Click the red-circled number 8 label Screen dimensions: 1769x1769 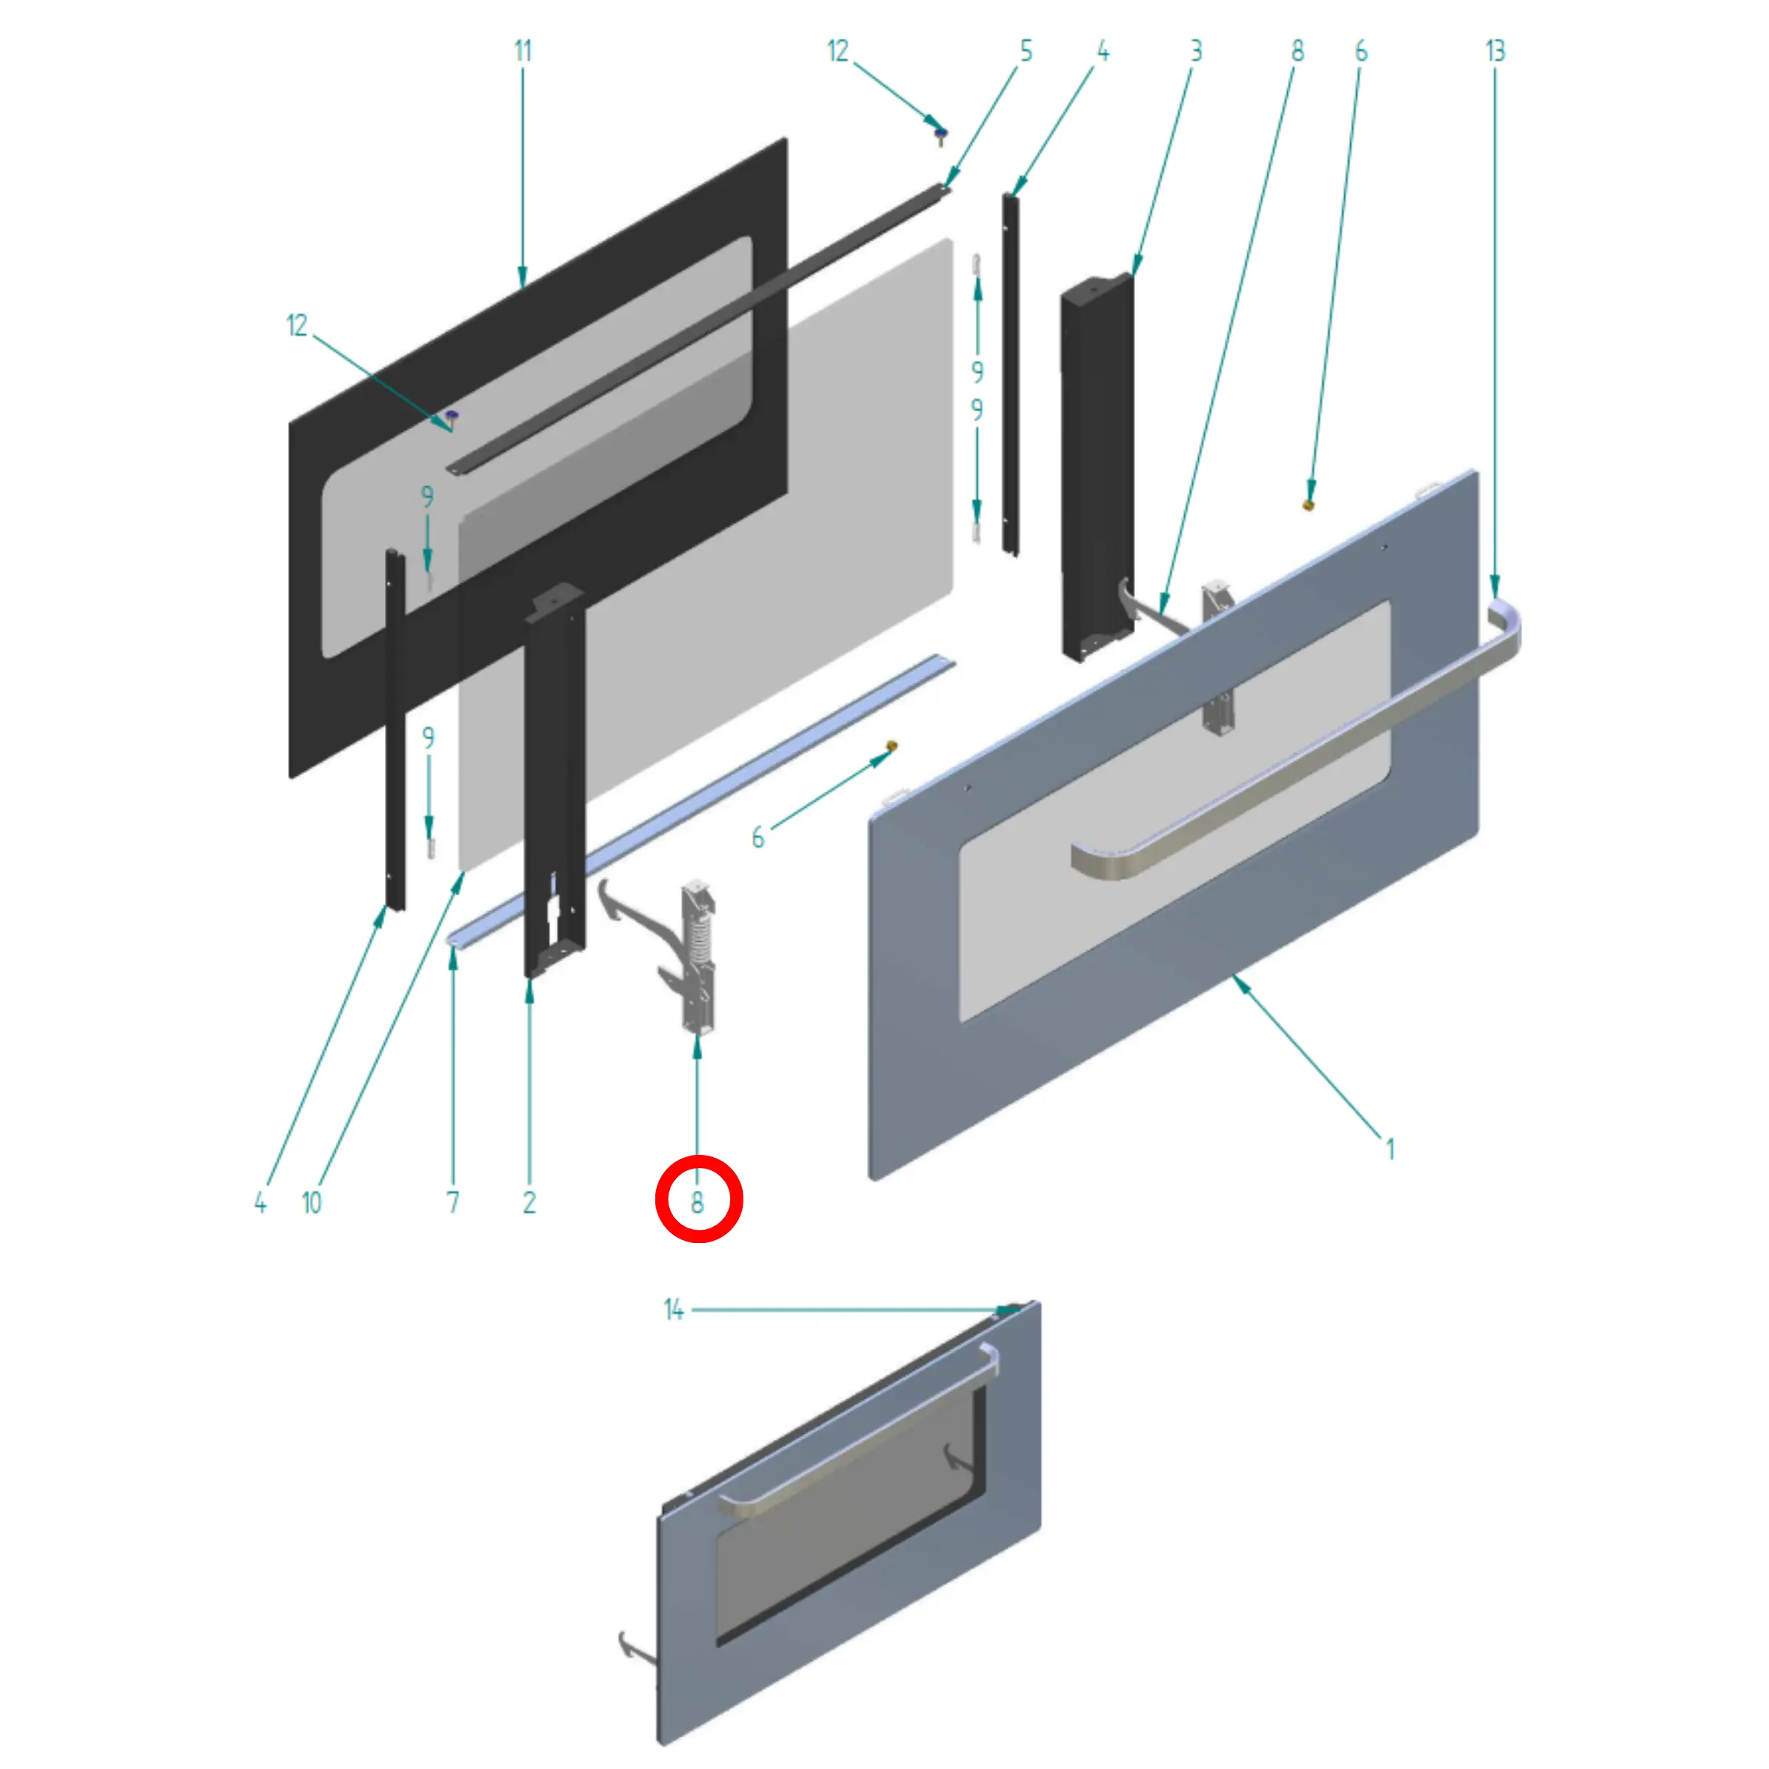[698, 1201]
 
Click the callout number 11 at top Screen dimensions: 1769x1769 [523, 51]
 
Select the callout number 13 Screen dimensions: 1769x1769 [1494, 51]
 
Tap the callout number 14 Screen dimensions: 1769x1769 [674, 1311]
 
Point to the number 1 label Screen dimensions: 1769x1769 [1390, 1148]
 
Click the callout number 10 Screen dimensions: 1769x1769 [311, 1202]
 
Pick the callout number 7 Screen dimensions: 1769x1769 [453, 1202]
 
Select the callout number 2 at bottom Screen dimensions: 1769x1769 [529, 1202]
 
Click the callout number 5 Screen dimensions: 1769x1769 [1026, 51]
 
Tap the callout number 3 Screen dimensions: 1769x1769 [1196, 51]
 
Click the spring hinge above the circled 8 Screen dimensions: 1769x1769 [698, 952]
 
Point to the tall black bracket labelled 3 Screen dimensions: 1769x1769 [1097, 467]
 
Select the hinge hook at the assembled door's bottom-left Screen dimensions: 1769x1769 [633, 1646]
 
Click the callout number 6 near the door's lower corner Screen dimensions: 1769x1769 [757, 837]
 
